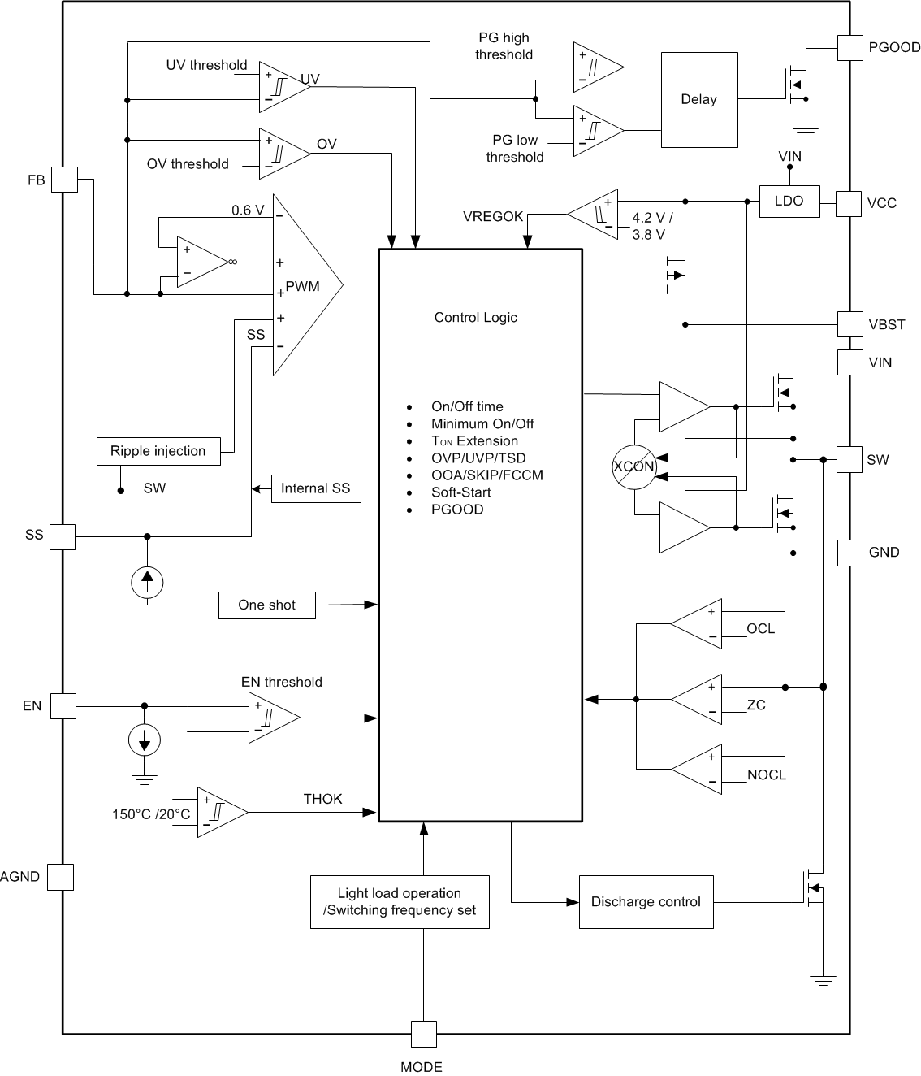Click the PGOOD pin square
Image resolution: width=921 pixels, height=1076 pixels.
coord(850,47)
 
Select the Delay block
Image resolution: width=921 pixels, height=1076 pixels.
coord(699,99)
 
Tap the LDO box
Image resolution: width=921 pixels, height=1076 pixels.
coord(789,201)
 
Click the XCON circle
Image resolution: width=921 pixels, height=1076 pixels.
coord(633,467)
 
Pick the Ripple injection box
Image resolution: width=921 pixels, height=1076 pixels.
coord(158,451)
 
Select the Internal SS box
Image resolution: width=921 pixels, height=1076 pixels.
coord(316,488)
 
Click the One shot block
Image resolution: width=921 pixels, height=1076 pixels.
coord(266,605)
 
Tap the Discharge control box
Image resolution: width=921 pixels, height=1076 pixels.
coord(646,902)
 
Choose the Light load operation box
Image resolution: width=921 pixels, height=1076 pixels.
coord(400,902)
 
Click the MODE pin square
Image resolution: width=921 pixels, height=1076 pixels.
coord(423,1035)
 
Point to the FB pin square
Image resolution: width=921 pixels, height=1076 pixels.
coord(64,180)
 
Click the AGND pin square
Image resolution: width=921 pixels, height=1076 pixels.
coord(60,877)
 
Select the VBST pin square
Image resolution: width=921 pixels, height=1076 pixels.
coord(850,324)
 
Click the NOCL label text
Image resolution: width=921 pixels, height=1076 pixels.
coord(767,775)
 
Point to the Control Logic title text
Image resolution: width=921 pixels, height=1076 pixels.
coord(475,318)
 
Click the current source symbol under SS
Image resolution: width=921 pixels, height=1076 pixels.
coord(147,581)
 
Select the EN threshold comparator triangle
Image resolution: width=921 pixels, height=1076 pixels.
coord(270,718)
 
